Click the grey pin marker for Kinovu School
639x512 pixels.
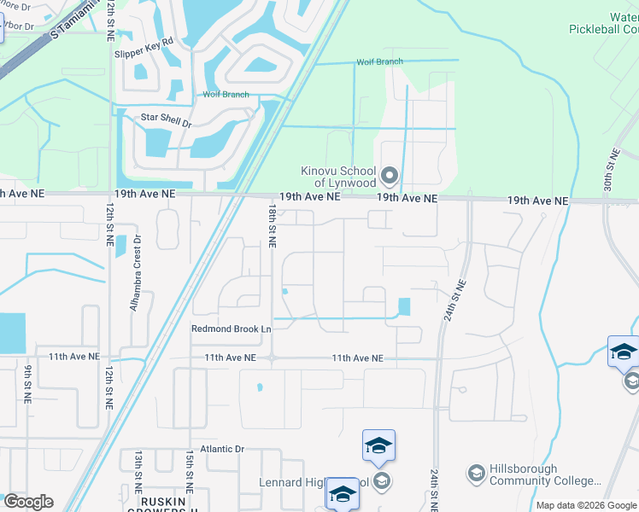tap(390, 177)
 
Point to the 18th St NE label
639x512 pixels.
tap(272, 225)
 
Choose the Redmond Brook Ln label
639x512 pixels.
tap(231, 329)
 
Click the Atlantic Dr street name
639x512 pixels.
tap(222, 449)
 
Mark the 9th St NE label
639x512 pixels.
tap(28, 383)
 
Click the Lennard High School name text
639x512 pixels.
tap(314, 482)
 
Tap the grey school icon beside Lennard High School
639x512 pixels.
tap(381, 481)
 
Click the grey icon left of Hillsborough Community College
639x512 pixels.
tap(476, 474)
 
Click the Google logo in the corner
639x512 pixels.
tap(28, 502)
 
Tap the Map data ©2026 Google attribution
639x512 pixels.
tap(586, 505)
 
